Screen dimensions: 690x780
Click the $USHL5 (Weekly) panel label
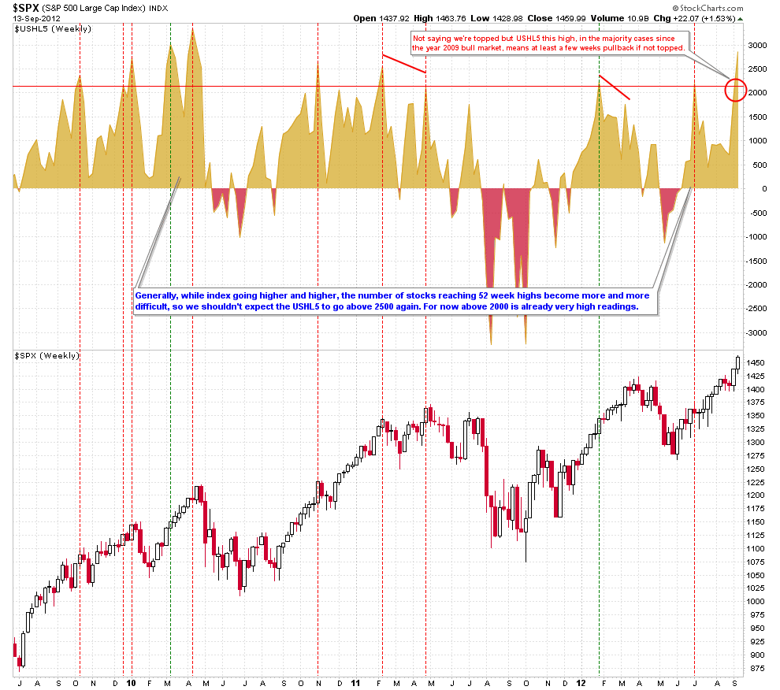coord(43,29)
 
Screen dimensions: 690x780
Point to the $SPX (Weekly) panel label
coord(47,356)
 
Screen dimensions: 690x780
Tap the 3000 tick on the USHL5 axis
coord(757,45)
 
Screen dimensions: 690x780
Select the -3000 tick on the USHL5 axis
coord(756,333)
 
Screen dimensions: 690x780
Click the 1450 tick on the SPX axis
coord(757,362)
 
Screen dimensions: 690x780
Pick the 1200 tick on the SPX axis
coord(757,495)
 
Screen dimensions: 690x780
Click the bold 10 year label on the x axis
coord(130,683)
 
